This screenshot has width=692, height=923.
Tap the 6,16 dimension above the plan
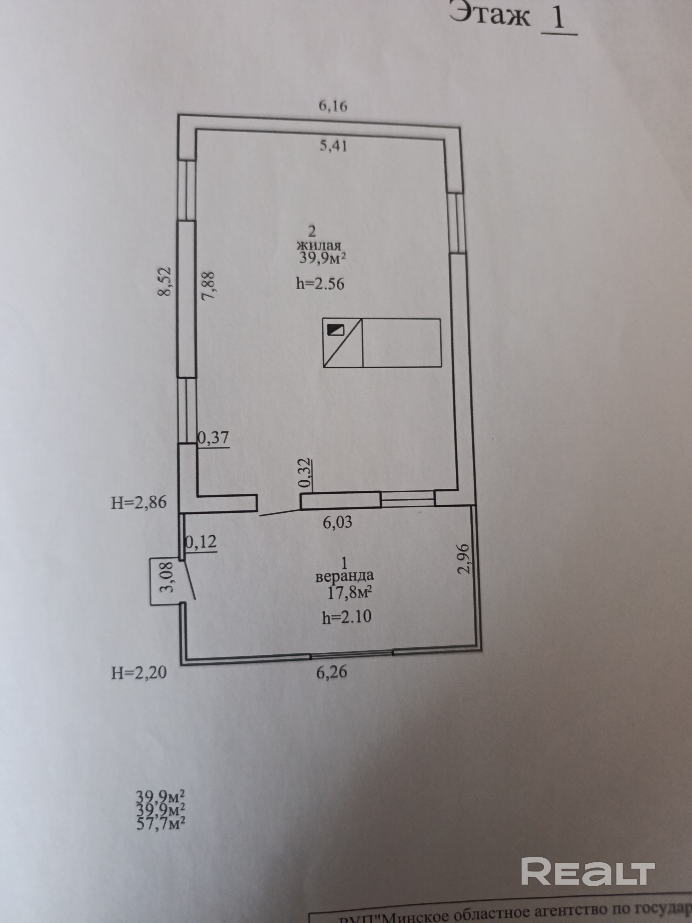point(333,106)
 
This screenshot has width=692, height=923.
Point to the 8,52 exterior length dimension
point(165,282)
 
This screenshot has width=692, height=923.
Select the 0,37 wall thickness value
point(213,438)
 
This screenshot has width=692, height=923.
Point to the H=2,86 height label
point(139,503)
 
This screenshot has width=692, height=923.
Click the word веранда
point(344,576)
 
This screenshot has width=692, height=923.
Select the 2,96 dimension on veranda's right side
point(464,559)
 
